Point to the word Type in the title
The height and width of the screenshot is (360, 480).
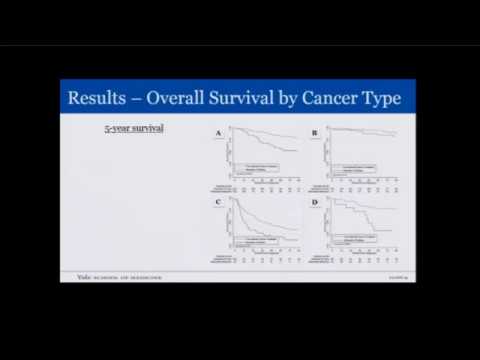point(383,98)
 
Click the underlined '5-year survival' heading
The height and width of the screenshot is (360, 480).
point(135,129)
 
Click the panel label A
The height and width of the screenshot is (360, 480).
point(218,132)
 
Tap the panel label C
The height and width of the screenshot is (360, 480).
point(218,202)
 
